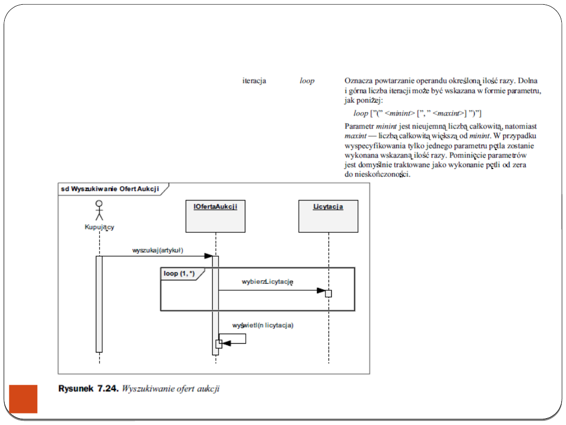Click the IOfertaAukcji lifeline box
coord(215,216)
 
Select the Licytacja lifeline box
coord(328,216)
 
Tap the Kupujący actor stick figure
coord(99,210)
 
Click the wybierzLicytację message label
coord(267,282)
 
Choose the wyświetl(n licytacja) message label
coord(263,325)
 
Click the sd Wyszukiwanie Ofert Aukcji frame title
coord(110,189)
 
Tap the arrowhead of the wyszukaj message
coord(208,256)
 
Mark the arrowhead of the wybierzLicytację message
coord(321,290)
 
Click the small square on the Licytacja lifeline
coord(329,293)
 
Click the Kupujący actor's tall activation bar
coord(99,304)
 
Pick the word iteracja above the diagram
coord(254,81)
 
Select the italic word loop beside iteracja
coord(307,81)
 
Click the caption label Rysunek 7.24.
coord(88,389)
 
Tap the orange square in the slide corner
coord(24,399)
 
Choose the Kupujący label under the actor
coord(99,227)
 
